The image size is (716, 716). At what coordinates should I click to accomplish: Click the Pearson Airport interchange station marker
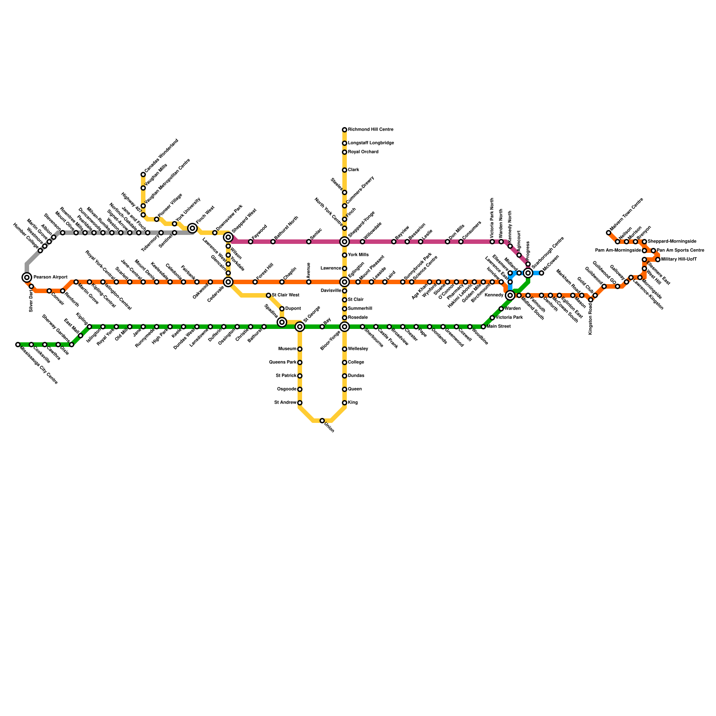coord(27,277)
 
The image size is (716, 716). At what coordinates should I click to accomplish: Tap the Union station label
coord(329,428)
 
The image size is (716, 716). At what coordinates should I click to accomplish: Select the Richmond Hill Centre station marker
coord(345,130)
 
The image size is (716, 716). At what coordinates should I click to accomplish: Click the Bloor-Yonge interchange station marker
coord(345,327)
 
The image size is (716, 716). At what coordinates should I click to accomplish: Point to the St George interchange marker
coord(300,327)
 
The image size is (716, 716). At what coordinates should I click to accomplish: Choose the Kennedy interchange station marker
coord(510,295)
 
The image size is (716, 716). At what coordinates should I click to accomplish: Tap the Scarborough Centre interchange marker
coord(528,273)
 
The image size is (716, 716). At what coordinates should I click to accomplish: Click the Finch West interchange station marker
coord(192,228)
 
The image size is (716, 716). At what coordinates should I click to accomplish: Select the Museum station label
coord(287,349)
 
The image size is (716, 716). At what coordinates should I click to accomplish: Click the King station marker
coord(345,403)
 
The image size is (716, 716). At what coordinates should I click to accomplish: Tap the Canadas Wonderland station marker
coord(143,175)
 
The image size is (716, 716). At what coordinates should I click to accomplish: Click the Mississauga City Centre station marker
coord(18,345)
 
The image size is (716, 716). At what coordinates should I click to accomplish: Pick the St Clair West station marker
coord(268,295)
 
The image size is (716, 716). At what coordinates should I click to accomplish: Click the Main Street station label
coord(499,327)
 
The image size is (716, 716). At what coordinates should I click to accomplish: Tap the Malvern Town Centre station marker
coord(609,233)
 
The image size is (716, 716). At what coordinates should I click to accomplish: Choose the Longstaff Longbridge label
coord(371,143)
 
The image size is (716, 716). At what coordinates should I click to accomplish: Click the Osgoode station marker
coord(300,389)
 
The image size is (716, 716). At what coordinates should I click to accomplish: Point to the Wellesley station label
coord(358,349)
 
